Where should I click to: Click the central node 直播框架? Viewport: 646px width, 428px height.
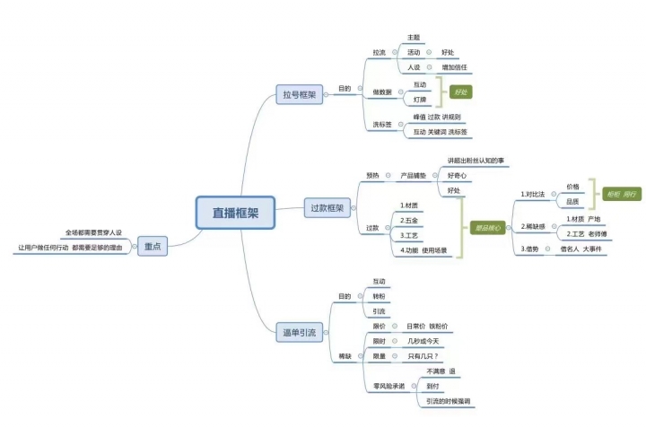[236, 214]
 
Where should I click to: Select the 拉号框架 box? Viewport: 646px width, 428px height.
[299, 93]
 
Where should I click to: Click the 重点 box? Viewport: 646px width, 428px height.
[153, 247]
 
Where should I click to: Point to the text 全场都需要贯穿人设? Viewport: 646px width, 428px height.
[93, 232]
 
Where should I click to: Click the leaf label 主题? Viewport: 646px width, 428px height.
[414, 38]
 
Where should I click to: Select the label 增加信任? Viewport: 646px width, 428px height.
[458, 66]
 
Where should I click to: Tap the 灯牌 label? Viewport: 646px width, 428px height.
[419, 100]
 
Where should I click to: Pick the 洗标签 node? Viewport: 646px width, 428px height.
[383, 124]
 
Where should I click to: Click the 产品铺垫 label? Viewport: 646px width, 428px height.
[414, 175]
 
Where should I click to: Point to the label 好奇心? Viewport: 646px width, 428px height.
[458, 175]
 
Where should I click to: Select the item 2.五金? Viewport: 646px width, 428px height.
[410, 220]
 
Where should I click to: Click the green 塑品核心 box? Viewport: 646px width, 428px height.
[487, 228]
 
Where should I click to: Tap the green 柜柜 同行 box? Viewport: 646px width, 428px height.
[622, 194]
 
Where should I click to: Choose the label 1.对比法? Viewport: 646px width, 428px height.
[536, 194]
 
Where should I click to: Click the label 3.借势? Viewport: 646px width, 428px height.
[530, 249]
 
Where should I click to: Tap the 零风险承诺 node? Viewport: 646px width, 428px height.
[389, 386]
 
